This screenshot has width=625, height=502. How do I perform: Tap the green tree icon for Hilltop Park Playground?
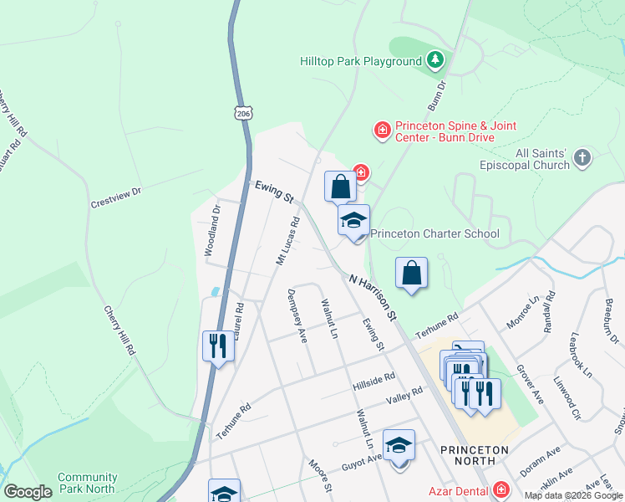click(x=434, y=60)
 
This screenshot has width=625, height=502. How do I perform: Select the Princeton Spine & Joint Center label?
click(x=445, y=131)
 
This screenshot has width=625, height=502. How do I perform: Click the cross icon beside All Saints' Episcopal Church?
click(x=583, y=158)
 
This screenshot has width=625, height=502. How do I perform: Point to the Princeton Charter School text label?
click(x=434, y=234)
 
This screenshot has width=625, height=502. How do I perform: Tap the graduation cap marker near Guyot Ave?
click(x=399, y=446)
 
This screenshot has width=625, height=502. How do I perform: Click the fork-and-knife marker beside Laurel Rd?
click(x=217, y=345)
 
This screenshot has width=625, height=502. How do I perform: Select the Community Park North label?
click(x=88, y=483)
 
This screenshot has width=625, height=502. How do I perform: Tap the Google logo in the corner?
click(x=28, y=492)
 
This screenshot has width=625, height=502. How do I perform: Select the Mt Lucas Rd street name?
click(x=287, y=242)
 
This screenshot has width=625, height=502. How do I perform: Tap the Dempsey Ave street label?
click(x=297, y=315)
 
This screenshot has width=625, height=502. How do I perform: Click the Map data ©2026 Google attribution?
click(x=572, y=495)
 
